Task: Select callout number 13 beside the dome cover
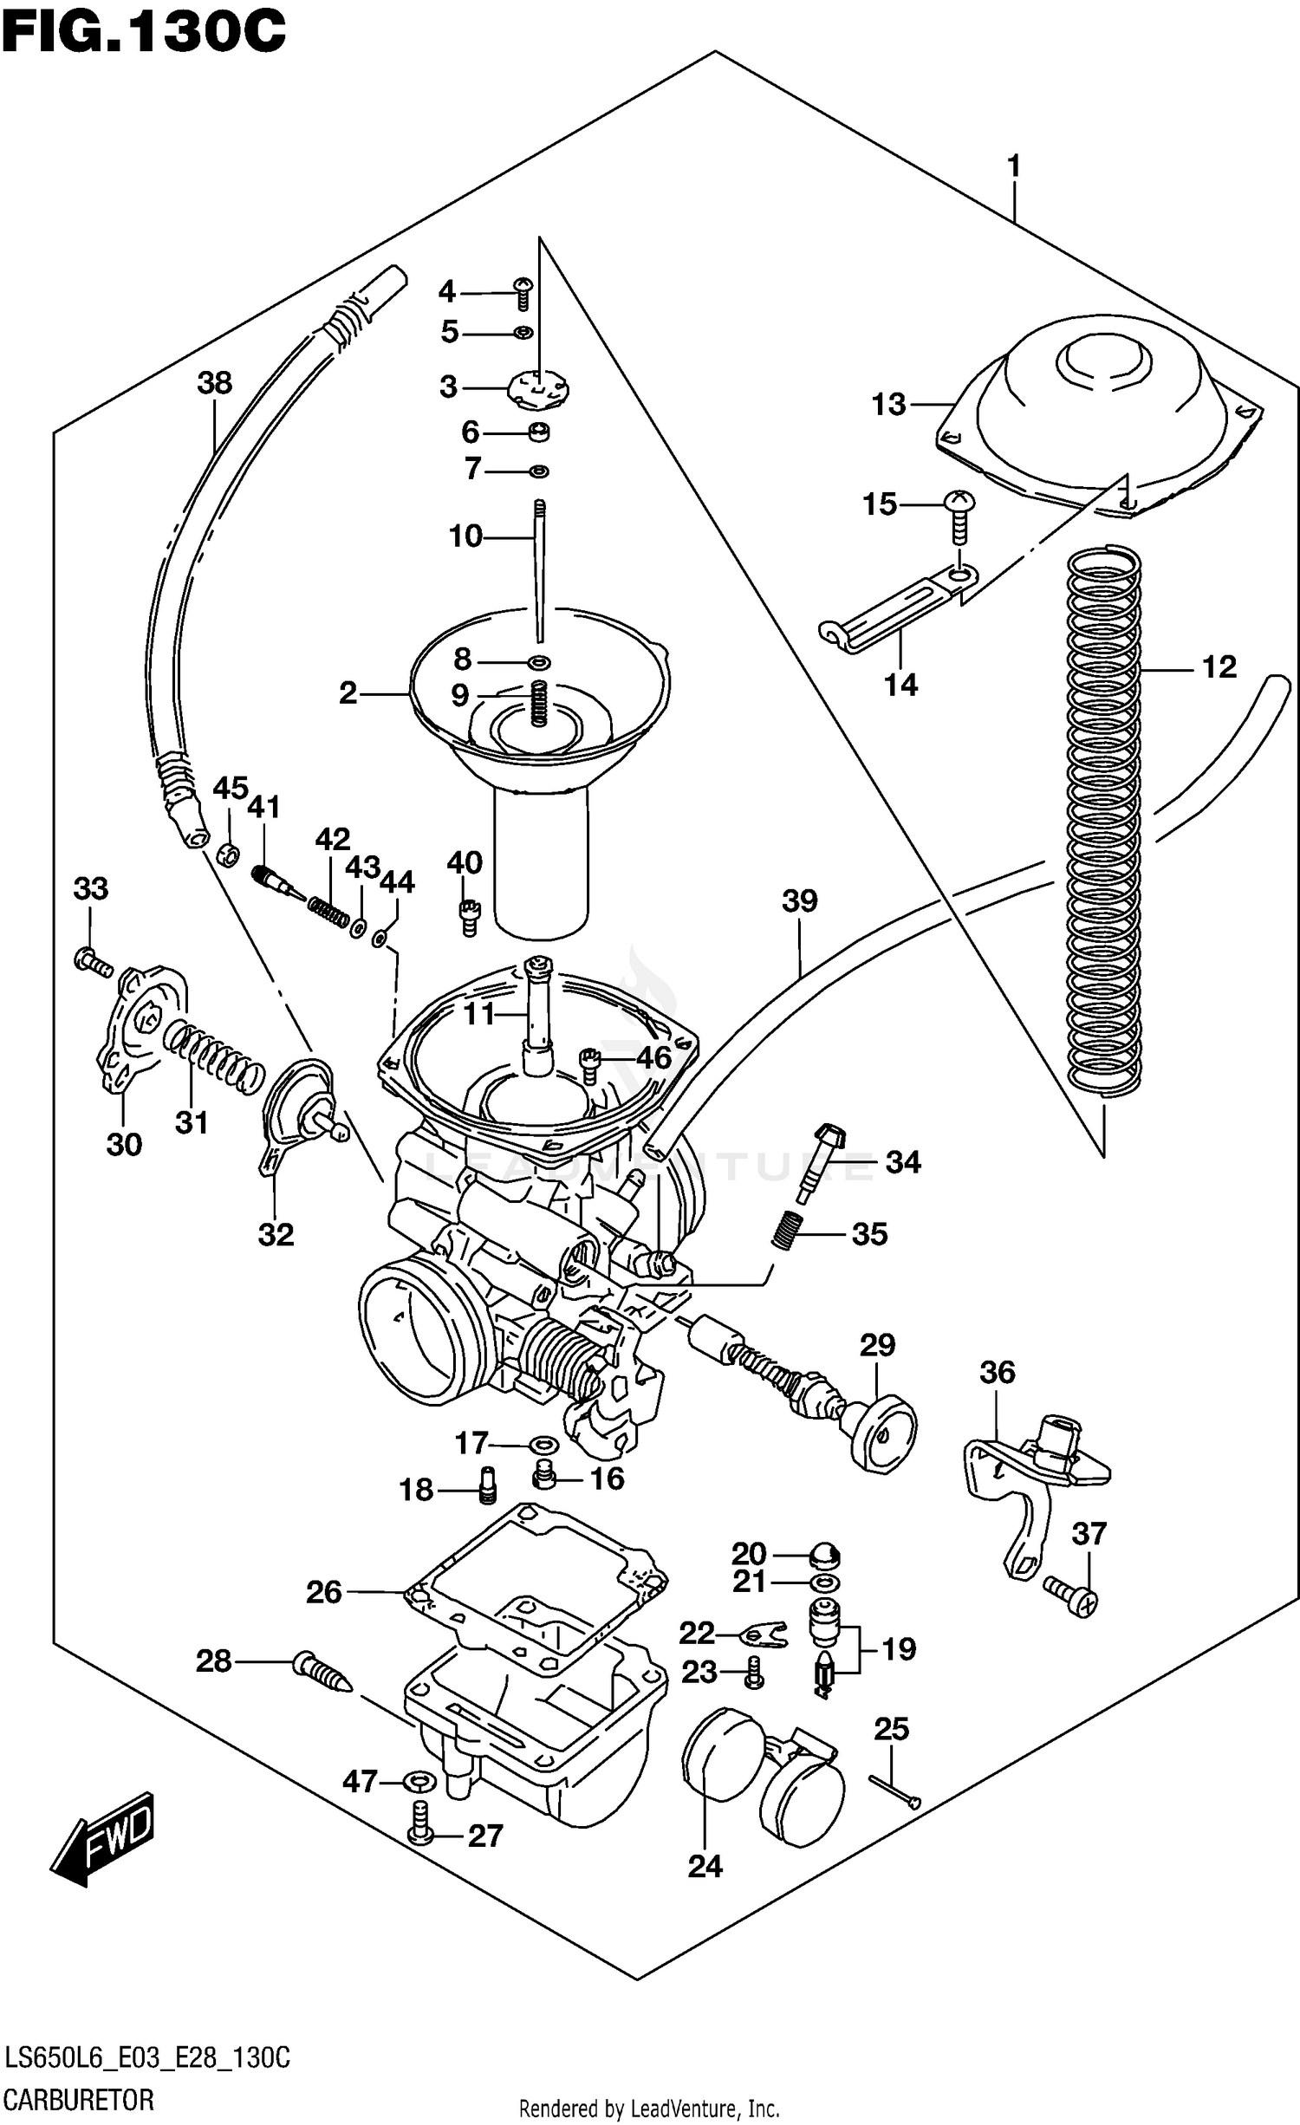[888, 404]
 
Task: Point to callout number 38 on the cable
[215, 382]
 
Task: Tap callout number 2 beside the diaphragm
[348, 692]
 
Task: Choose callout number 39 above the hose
[799, 900]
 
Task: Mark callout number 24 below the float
[705, 1866]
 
